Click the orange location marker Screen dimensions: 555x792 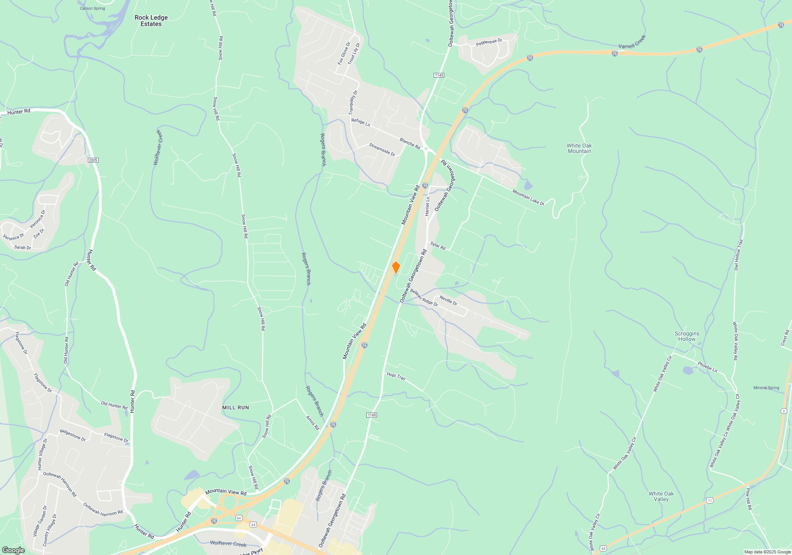pyautogui.click(x=396, y=268)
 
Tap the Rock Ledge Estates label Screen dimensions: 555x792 pyautogui.click(x=151, y=21)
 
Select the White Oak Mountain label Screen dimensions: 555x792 pyautogui.click(x=579, y=148)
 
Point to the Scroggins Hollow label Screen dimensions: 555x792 pyautogui.click(x=687, y=336)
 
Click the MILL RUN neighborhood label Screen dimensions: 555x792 pyautogui.click(x=235, y=408)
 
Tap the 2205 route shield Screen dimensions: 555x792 pyautogui.click(x=93, y=160)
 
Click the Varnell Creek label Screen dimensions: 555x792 pyautogui.click(x=632, y=42)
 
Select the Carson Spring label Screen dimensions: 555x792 pyautogui.click(x=92, y=8)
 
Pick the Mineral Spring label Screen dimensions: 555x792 pyautogui.click(x=766, y=388)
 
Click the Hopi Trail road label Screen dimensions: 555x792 pyautogui.click(x=396, y=376)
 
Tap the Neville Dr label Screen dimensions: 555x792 pyautogui.click(x=448, y=300)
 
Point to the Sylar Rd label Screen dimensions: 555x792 pyautogui.click(x=438, y=246)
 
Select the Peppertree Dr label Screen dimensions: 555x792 pyautogui.click(x=489, y=42)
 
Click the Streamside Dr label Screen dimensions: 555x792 pyautogui.click(x=382, y=149)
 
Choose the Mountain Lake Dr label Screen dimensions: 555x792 pyautogui.click(x=528, y=197)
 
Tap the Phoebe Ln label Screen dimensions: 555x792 pyautogui.click(x=707, y=367)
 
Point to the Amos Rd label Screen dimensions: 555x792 pyautogui.click(x=312, y=423)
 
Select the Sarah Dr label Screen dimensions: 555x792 pyautogui.click(x=23, y=248)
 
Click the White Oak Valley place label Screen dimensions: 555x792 pyautogui.click(x=661, y=496)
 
